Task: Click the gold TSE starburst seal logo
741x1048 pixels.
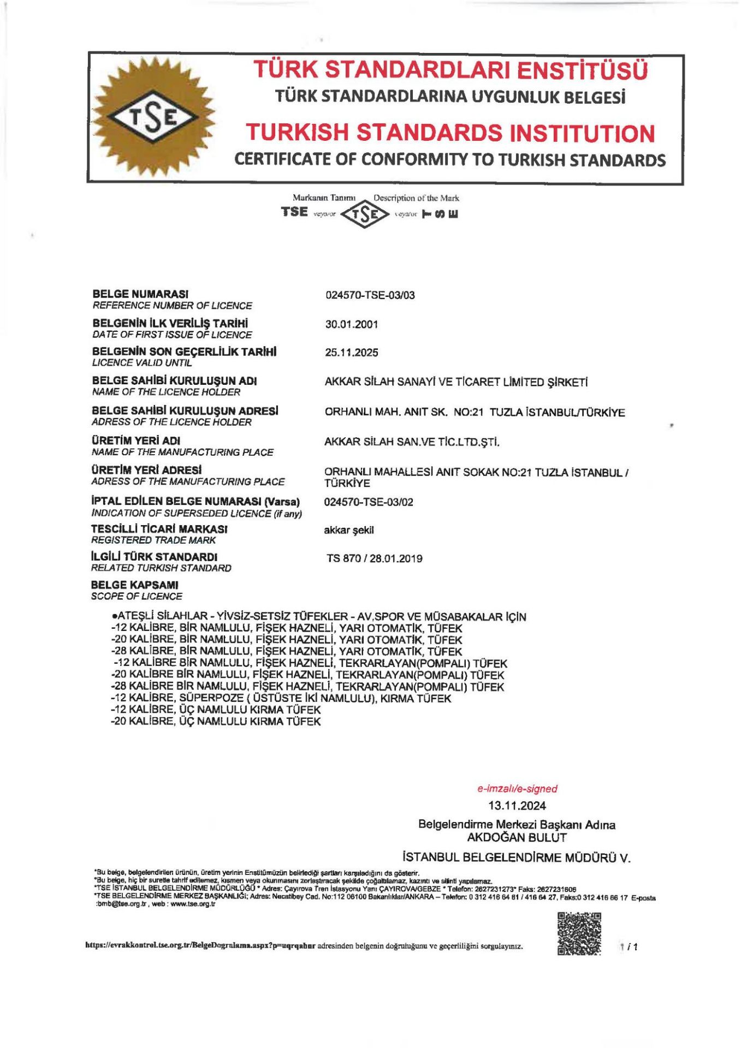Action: [153, 117]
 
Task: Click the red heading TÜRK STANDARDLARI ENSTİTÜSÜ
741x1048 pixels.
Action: [450, 70]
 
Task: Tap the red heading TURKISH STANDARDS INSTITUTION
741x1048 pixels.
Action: [450, 133]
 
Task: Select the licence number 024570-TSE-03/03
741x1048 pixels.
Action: [370, 295]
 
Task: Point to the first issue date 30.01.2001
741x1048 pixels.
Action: [351, 324]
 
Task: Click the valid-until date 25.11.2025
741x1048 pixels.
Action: [351, 353]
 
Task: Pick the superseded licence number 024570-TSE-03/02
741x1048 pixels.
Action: [369, 502]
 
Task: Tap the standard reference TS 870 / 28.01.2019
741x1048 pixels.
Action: [374, 558]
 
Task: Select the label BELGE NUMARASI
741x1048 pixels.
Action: [140, 294]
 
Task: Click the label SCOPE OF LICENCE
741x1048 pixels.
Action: [137, 596]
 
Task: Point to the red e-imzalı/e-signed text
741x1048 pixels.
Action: [517, 789]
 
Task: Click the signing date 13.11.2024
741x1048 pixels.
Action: [517, 806]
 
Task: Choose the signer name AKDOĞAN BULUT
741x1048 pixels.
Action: [517, 837]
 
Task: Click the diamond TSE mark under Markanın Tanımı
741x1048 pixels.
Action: [364, 214]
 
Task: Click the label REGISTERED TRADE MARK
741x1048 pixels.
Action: [153, 540]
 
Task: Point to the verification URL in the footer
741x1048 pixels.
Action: [200, 946]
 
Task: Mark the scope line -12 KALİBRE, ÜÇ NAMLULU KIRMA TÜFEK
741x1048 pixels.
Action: [216, 710]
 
